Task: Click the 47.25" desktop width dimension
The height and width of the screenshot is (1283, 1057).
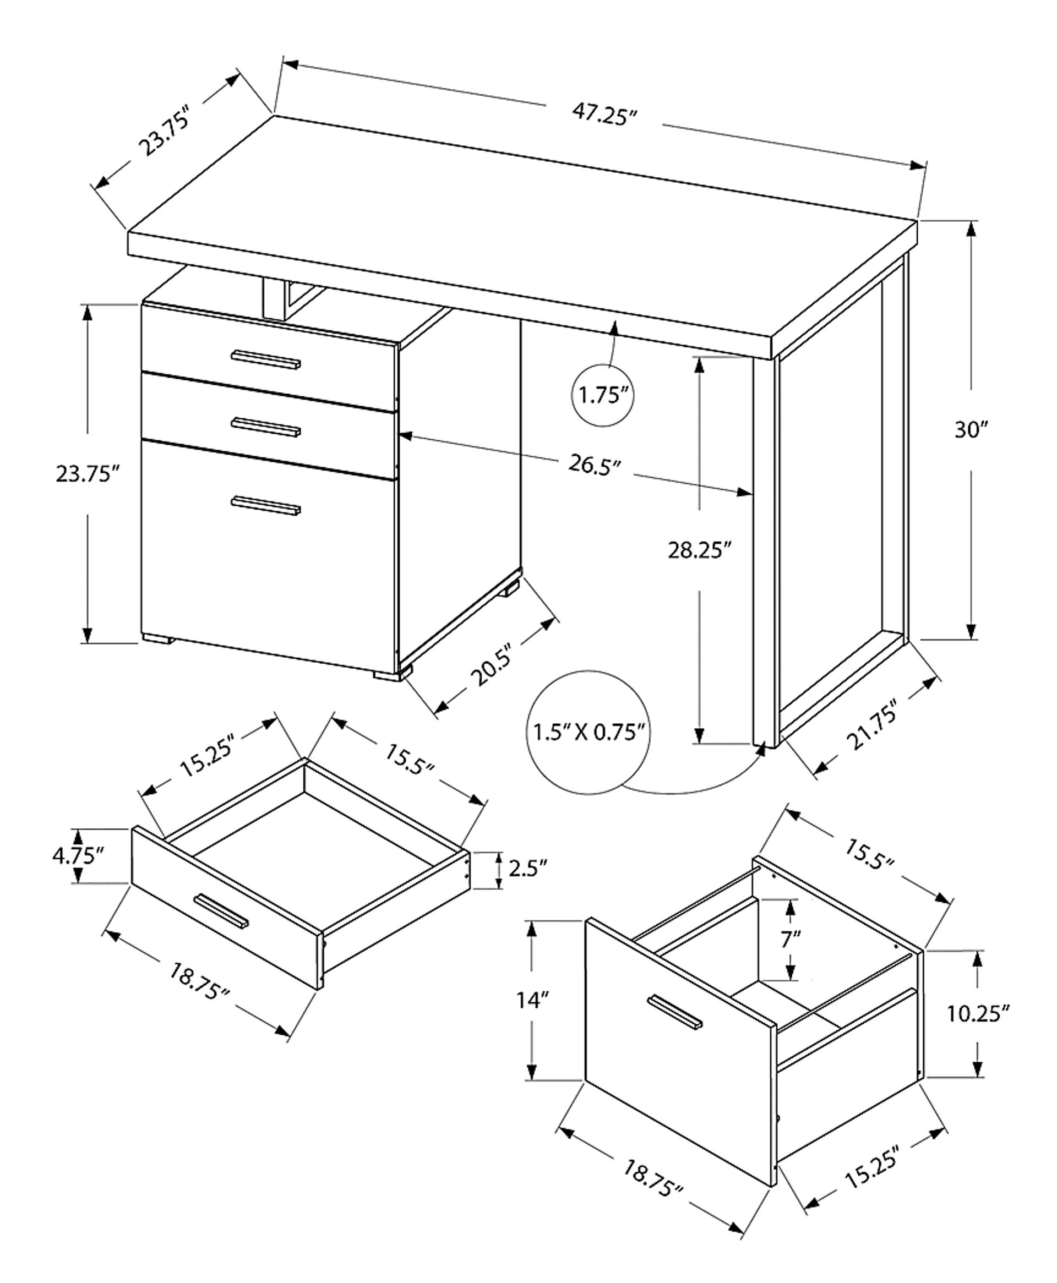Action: point(603,114)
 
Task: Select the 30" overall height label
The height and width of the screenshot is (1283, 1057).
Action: point(970,430)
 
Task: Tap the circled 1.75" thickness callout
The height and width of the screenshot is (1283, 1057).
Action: point(603,396)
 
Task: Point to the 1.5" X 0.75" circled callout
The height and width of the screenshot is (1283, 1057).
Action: point(588,731)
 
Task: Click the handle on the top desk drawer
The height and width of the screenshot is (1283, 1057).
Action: point(265,360)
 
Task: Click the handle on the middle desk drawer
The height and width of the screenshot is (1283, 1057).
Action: point(265,427)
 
